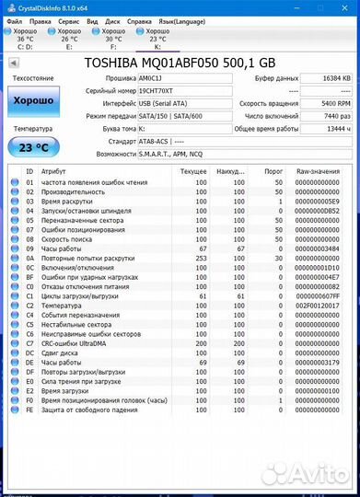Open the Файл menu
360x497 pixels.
pos(14,19)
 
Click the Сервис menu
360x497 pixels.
pos(68,19)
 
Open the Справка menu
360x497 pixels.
pos(140,19)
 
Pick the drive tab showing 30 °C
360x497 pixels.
pos(113,40)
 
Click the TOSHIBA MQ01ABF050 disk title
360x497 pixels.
pos(180,63)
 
